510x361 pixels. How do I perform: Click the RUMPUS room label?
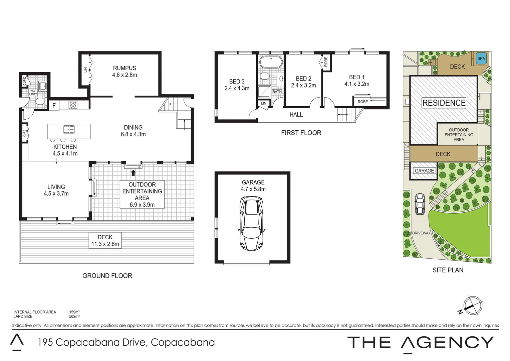coord(124,68)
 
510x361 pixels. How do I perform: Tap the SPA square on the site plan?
coord(481,58)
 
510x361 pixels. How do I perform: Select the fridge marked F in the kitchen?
coord(54,106)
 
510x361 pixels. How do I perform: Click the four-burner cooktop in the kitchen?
coord(73,105)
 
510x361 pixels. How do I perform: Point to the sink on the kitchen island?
coord(69,129)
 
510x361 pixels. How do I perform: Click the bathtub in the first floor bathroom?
coord(271,63)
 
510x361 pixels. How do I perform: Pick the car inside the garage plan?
coord(252,223)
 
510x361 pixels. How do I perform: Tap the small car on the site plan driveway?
coord(419,204)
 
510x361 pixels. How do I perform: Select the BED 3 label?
coord(237,82)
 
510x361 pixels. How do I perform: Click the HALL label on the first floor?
coord(296,115)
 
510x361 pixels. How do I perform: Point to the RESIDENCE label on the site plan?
coord(444,103)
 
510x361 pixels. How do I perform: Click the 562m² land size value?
coord(74,316)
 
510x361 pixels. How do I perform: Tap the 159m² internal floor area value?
coord(74,312)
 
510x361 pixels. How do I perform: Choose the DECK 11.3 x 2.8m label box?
coord(105,241)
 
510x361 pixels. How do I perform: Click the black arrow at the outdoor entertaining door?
coord(133,172)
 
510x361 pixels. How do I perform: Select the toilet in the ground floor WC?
coord(40,101)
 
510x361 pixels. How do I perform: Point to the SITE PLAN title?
coord(448,270)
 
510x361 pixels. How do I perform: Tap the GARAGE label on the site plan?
coord(424,170)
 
